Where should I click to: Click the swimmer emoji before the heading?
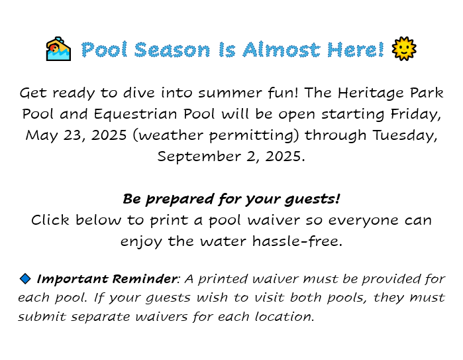click(x=58, y=49)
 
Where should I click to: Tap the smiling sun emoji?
click(x=404, y=49)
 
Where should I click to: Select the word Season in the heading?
click(x=172, y=50)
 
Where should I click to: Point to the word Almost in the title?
click(x=281, y=50)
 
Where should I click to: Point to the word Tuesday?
click(x=405, y=136)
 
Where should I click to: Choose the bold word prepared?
click(x=180, y=200)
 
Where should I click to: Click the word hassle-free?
click(x=297, y=241)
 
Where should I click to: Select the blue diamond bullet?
click(x=25, y=278)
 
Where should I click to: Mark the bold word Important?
click(x=72, y=279)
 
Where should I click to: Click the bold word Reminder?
click(x=144, y=279)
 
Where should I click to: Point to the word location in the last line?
click(x=284, y=316)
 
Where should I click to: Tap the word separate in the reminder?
click(x=101, y=317)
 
